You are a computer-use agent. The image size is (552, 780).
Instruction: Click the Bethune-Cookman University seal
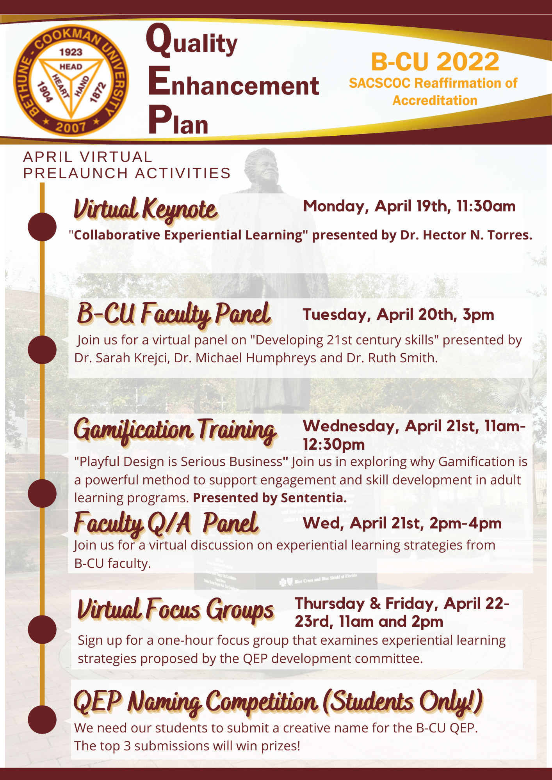pos(71,80)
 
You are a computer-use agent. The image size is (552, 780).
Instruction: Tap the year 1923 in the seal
pos(71,52)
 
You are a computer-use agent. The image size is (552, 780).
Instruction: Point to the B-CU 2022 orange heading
pos(435,62)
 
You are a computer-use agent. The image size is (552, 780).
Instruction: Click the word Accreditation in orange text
pos(435,100)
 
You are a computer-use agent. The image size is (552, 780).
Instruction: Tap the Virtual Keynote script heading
pos(145,209)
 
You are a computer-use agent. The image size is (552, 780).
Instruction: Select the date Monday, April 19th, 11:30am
pos(409,206)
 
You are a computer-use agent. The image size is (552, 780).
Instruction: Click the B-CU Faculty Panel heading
pos(174,314)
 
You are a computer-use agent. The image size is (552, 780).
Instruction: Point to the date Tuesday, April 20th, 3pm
pos(398,315)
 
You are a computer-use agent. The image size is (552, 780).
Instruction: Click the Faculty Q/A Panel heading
pos(166,523)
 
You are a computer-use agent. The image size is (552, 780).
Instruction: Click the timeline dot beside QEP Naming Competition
pos(42,720)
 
